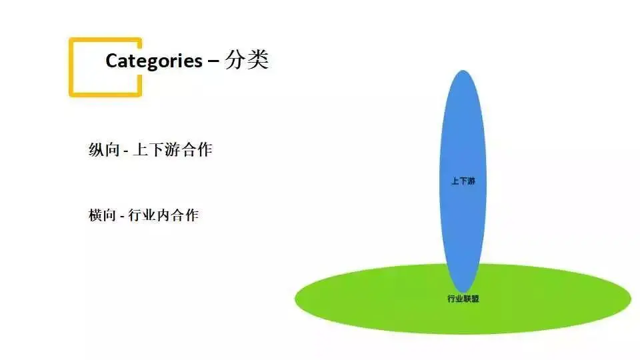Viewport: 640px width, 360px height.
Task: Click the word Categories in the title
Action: [x=153, y=61]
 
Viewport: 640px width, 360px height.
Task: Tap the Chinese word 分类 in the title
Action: [x=247, y=60]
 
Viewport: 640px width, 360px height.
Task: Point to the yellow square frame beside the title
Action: [x=71, y=67]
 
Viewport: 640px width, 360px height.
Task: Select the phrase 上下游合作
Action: [x=173, y=150]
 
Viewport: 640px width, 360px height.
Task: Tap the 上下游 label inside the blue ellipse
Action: [x=463, y=181]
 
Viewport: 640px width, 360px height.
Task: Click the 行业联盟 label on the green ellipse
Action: [x=463, y=299]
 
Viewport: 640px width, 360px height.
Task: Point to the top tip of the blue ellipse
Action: [x=463, y=71]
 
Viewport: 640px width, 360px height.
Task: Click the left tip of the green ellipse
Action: [x=296, y=299]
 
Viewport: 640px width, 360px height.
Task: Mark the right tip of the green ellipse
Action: [x=630, y=299]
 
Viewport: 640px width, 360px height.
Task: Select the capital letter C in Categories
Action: [x=112, y=61]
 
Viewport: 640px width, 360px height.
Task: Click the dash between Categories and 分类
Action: [x=213, y=61]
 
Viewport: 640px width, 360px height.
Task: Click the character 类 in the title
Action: [x=257, y=60]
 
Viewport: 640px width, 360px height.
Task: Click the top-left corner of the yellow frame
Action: [x=71, y=40]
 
